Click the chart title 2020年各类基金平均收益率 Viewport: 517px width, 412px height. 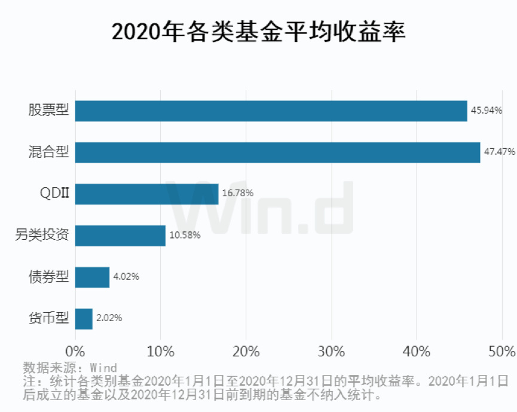[258, 31]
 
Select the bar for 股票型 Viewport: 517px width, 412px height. [271, 111]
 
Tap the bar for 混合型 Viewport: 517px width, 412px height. [277, 152]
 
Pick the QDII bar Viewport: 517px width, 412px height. [146, 194]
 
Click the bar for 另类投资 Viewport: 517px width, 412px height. [120, 235]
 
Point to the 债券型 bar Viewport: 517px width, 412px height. [92, 277]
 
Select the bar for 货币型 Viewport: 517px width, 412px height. [84, 318]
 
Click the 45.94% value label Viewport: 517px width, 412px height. [486, 111]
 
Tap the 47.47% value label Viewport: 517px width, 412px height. [499, 152]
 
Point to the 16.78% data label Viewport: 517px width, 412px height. [237, 193]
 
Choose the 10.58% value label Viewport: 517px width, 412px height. [185, 235]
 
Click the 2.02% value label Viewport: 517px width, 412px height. [109, 318]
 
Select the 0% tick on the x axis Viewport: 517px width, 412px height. [75, 352]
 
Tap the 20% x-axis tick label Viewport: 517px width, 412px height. [246, 352]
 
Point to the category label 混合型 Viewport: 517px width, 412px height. [49, 152]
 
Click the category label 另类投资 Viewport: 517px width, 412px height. [42, 235]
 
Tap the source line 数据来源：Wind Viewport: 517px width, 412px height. [70, 367]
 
